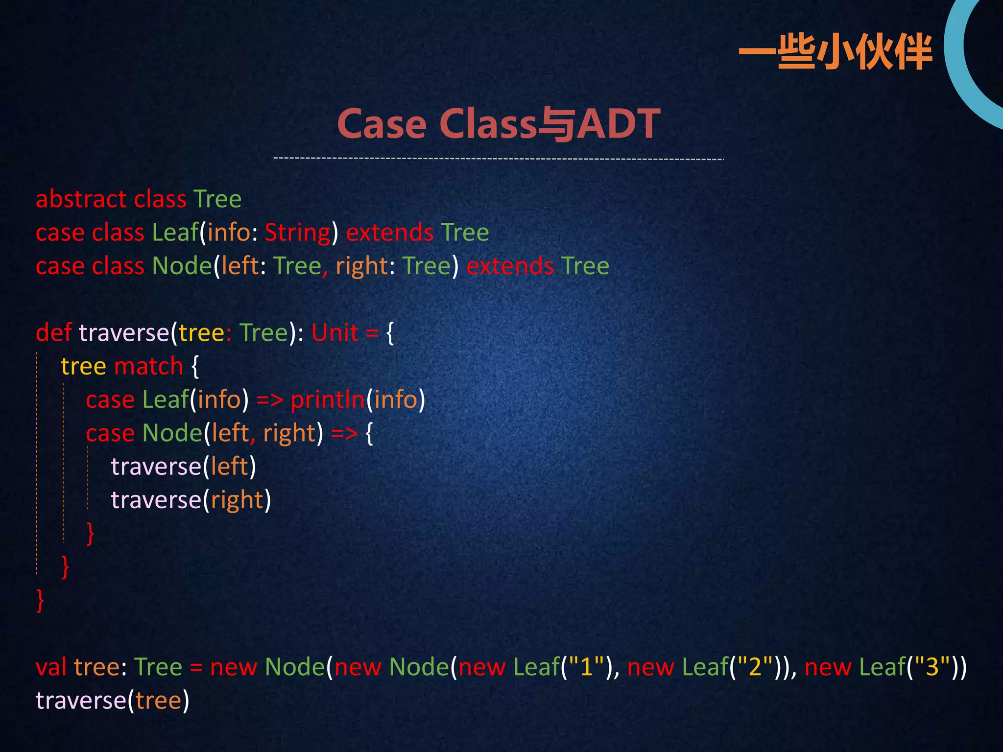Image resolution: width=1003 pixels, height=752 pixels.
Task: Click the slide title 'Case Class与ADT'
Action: tap(499, 124)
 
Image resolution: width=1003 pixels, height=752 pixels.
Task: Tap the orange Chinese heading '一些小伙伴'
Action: tap(835, 52)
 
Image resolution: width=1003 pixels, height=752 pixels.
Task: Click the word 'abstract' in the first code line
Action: tap(81, 199)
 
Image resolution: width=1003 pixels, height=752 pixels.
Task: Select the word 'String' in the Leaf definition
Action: tap(298, 233)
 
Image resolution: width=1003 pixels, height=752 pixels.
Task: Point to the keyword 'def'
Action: tap(54, 333)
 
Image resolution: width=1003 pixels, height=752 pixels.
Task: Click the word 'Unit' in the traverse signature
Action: tap(335, 333)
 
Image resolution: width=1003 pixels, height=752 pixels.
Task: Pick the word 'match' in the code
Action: tap(149, 366)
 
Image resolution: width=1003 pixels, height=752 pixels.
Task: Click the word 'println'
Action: tap(328, 399)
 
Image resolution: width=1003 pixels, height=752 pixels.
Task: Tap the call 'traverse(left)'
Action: tap(183, 467)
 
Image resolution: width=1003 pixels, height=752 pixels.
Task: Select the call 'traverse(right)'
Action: tap(191, 500)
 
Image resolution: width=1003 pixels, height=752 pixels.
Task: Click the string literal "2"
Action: tap(755, 667)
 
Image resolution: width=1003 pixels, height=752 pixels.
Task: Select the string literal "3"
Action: tap(932, 667)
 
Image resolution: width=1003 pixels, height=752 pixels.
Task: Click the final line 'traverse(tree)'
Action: tap(112, 701)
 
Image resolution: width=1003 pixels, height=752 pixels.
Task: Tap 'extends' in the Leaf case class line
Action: tap(390, 233)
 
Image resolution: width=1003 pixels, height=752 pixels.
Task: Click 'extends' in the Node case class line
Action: tap(510, 266)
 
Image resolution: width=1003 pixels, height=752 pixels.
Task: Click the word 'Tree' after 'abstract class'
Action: tap(217, 199)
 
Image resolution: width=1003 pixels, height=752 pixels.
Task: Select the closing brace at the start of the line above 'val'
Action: tap(40, 600)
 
